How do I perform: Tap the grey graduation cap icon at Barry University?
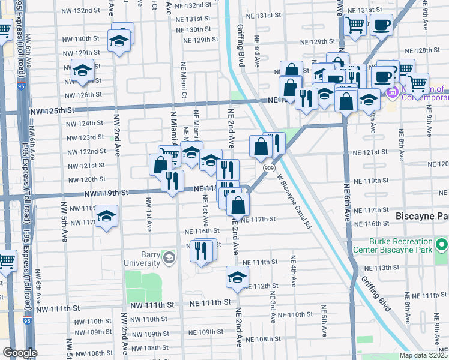coord(169,258)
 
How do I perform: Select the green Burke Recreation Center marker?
coord(442,245)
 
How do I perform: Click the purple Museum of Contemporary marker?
coord(393,92)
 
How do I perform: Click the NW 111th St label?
coord(58,308)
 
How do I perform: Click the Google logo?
coord(20,353)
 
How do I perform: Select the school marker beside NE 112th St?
coord(237,277)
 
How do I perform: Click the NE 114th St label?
coord(260,262)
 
